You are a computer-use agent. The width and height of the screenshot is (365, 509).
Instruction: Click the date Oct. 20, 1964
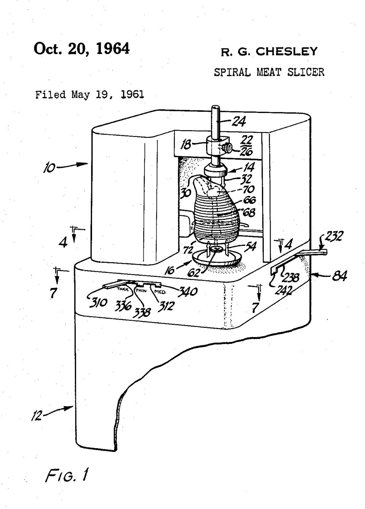(x=81, y=49)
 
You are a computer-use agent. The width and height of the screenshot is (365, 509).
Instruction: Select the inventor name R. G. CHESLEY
(x=269, y=52)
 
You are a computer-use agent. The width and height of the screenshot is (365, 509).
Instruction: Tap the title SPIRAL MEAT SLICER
(x=269, y=72)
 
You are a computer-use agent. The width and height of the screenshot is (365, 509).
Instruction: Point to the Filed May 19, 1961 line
(x=90, y=94)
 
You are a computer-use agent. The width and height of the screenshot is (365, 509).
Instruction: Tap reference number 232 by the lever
(x=334, y=237)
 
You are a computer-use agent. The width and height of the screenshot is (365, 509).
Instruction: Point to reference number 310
(x=97, y=302)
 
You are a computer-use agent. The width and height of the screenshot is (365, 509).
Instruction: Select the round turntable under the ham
(x=217, y=259)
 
